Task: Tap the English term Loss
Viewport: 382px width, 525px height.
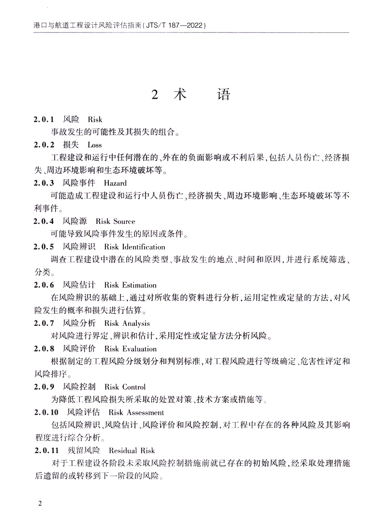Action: click(x=94, y=145)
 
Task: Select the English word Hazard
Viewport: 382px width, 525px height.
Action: click(x=115, y=183)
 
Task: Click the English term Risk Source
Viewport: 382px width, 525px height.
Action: click(x=116, y=221)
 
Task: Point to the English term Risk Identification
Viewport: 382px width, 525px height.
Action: click(x=128, y=247)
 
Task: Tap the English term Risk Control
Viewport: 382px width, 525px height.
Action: click(x=125, y=387)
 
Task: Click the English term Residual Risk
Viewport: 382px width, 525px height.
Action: click(x=132, y=451)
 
